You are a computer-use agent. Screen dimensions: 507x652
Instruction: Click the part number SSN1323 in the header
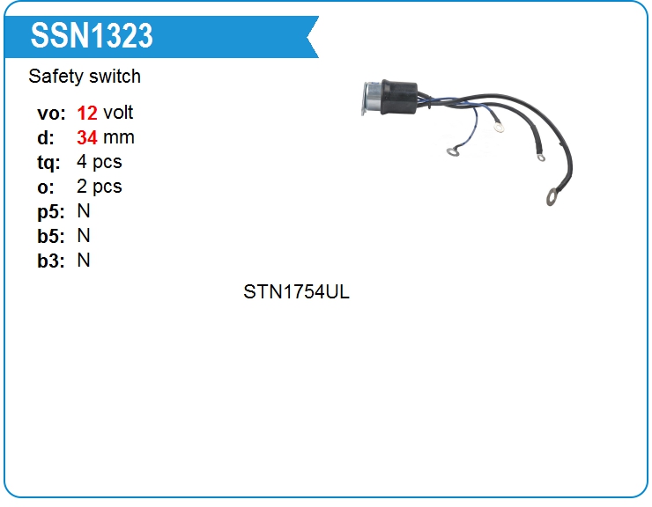92,35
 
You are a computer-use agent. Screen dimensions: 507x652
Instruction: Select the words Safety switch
85,77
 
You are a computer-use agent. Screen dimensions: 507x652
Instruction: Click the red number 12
87,113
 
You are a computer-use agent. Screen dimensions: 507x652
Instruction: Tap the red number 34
87,137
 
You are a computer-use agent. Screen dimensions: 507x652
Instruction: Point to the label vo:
51,113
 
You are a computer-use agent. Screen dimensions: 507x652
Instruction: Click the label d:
46,137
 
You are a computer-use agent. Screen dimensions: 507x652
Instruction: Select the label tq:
49,162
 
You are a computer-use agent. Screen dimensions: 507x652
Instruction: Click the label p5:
51,211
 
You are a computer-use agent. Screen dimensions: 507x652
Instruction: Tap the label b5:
51,236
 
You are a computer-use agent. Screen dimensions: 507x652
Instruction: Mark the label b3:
51,261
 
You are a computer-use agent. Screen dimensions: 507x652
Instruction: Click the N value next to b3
84,261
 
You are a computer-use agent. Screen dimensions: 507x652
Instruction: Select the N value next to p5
84,211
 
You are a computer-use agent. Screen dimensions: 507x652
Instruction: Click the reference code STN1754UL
297,292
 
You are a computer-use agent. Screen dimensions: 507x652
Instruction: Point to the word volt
118,113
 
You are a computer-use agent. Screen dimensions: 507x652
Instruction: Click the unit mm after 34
119,137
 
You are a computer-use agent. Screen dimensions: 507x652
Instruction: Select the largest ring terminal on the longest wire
553,195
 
